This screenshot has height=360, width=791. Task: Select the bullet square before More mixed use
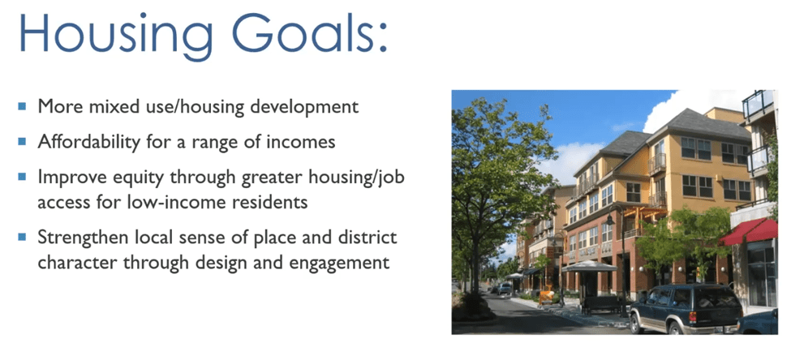coord(22,106)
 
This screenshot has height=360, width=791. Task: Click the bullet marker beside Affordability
coord(22,141)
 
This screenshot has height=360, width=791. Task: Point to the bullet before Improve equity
coord(22,176)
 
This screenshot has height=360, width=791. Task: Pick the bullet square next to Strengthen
coord(22,237)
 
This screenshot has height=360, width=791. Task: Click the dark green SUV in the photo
coord(685,309)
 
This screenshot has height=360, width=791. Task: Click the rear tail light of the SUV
coord(692,318)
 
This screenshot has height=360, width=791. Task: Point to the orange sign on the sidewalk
coord(545,297)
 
